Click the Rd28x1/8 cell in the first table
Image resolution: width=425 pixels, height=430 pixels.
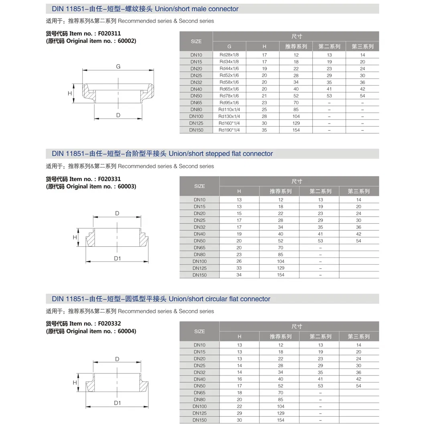(229, 55)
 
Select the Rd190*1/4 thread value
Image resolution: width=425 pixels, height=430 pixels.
(229, 130)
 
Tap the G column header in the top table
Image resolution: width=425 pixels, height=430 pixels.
(229, 47)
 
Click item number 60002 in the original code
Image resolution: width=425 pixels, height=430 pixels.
(128, 41)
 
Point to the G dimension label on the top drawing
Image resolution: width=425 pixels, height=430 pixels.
(118, 67)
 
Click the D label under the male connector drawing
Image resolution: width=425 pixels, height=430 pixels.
(118, 115)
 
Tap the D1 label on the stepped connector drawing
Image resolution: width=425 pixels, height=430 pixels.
(117, 259)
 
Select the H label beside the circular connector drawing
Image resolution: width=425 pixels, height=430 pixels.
(75, 383)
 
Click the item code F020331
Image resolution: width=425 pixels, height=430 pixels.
(107, 179)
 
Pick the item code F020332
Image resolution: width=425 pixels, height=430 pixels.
(107, 324)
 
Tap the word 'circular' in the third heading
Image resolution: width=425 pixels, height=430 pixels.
(219, 299)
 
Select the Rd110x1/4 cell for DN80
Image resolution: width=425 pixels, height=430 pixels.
(229, 110)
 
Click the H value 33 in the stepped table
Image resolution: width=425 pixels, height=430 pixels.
(239, 268)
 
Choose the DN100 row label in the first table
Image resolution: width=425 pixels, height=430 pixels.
(196, 116)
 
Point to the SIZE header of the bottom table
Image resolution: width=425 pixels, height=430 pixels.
(199, 331)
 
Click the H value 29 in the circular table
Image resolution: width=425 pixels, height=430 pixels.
(239, 413)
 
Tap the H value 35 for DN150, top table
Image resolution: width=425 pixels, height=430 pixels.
(264, 130)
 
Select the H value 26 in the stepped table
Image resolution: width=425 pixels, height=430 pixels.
(239, 261)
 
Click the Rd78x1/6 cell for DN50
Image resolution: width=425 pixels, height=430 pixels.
(229, 96)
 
